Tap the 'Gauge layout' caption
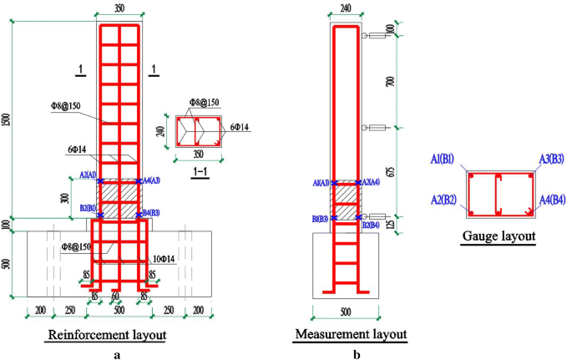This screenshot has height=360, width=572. [499, 236]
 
